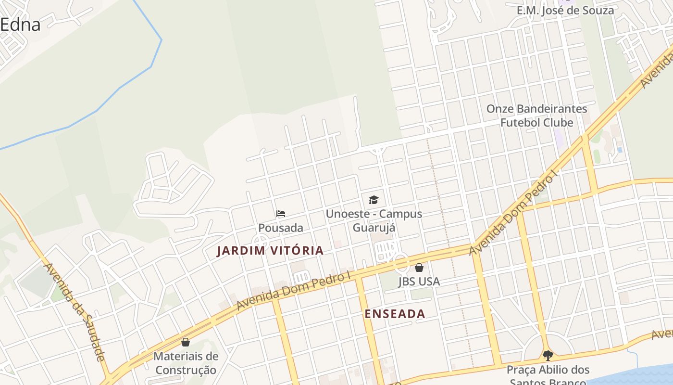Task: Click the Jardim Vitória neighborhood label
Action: click(x=270, y=251)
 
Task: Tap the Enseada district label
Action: click(x=395, y=314)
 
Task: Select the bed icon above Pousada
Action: click(x=281, y=214)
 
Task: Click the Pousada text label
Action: click(x=281, y=228)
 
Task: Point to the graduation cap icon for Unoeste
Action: click(x=374, y=200)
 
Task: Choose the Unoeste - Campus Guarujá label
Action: click(x=374, y=220)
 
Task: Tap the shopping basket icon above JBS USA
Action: click(x=419, y=268)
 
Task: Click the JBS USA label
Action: click(x=419, y=282)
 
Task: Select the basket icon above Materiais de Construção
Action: click(x=186, y=343)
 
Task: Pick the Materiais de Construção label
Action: click(x=186, y=363)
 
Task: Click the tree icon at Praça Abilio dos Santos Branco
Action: click(x=548, y=356)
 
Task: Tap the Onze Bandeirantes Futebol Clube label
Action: click(x=537, y=115)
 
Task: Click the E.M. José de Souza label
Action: click(x=565, y=10)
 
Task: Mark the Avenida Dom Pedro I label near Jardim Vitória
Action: click(x=293, y=291)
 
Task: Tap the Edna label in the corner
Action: click(x=20, y=25)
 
